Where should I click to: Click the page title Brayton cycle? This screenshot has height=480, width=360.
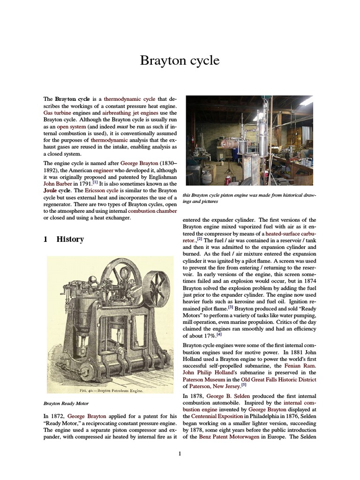[x=180, y=61]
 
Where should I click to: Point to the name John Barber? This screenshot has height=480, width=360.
[x=56, y=184]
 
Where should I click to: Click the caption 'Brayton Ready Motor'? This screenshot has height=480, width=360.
[x=66, y=403]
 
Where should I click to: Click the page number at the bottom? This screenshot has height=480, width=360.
[x=180, y=453]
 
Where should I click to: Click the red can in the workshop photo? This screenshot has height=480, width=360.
[x=228, y=180]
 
